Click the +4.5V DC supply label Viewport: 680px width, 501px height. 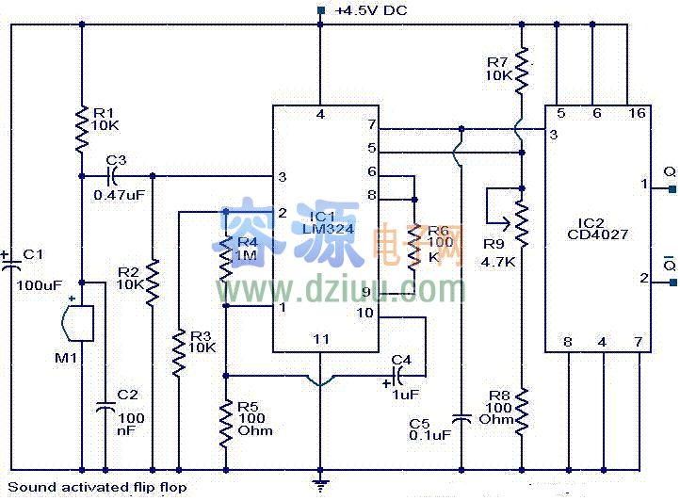(372, 11)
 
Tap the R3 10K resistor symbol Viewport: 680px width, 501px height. (178, 353)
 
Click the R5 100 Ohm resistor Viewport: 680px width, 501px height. (226, 420)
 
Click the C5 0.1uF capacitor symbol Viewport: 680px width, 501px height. (461, 415)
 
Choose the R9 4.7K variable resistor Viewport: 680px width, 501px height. (521, 220)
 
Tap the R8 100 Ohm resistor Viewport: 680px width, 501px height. (522, 408)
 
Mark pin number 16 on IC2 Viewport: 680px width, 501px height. (638, 113)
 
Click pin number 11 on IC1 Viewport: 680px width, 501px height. (320, 339)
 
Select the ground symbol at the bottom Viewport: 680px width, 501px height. (321, 484)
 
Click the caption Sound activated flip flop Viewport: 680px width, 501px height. (97, 487)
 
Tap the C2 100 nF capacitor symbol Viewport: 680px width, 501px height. (105, 409)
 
